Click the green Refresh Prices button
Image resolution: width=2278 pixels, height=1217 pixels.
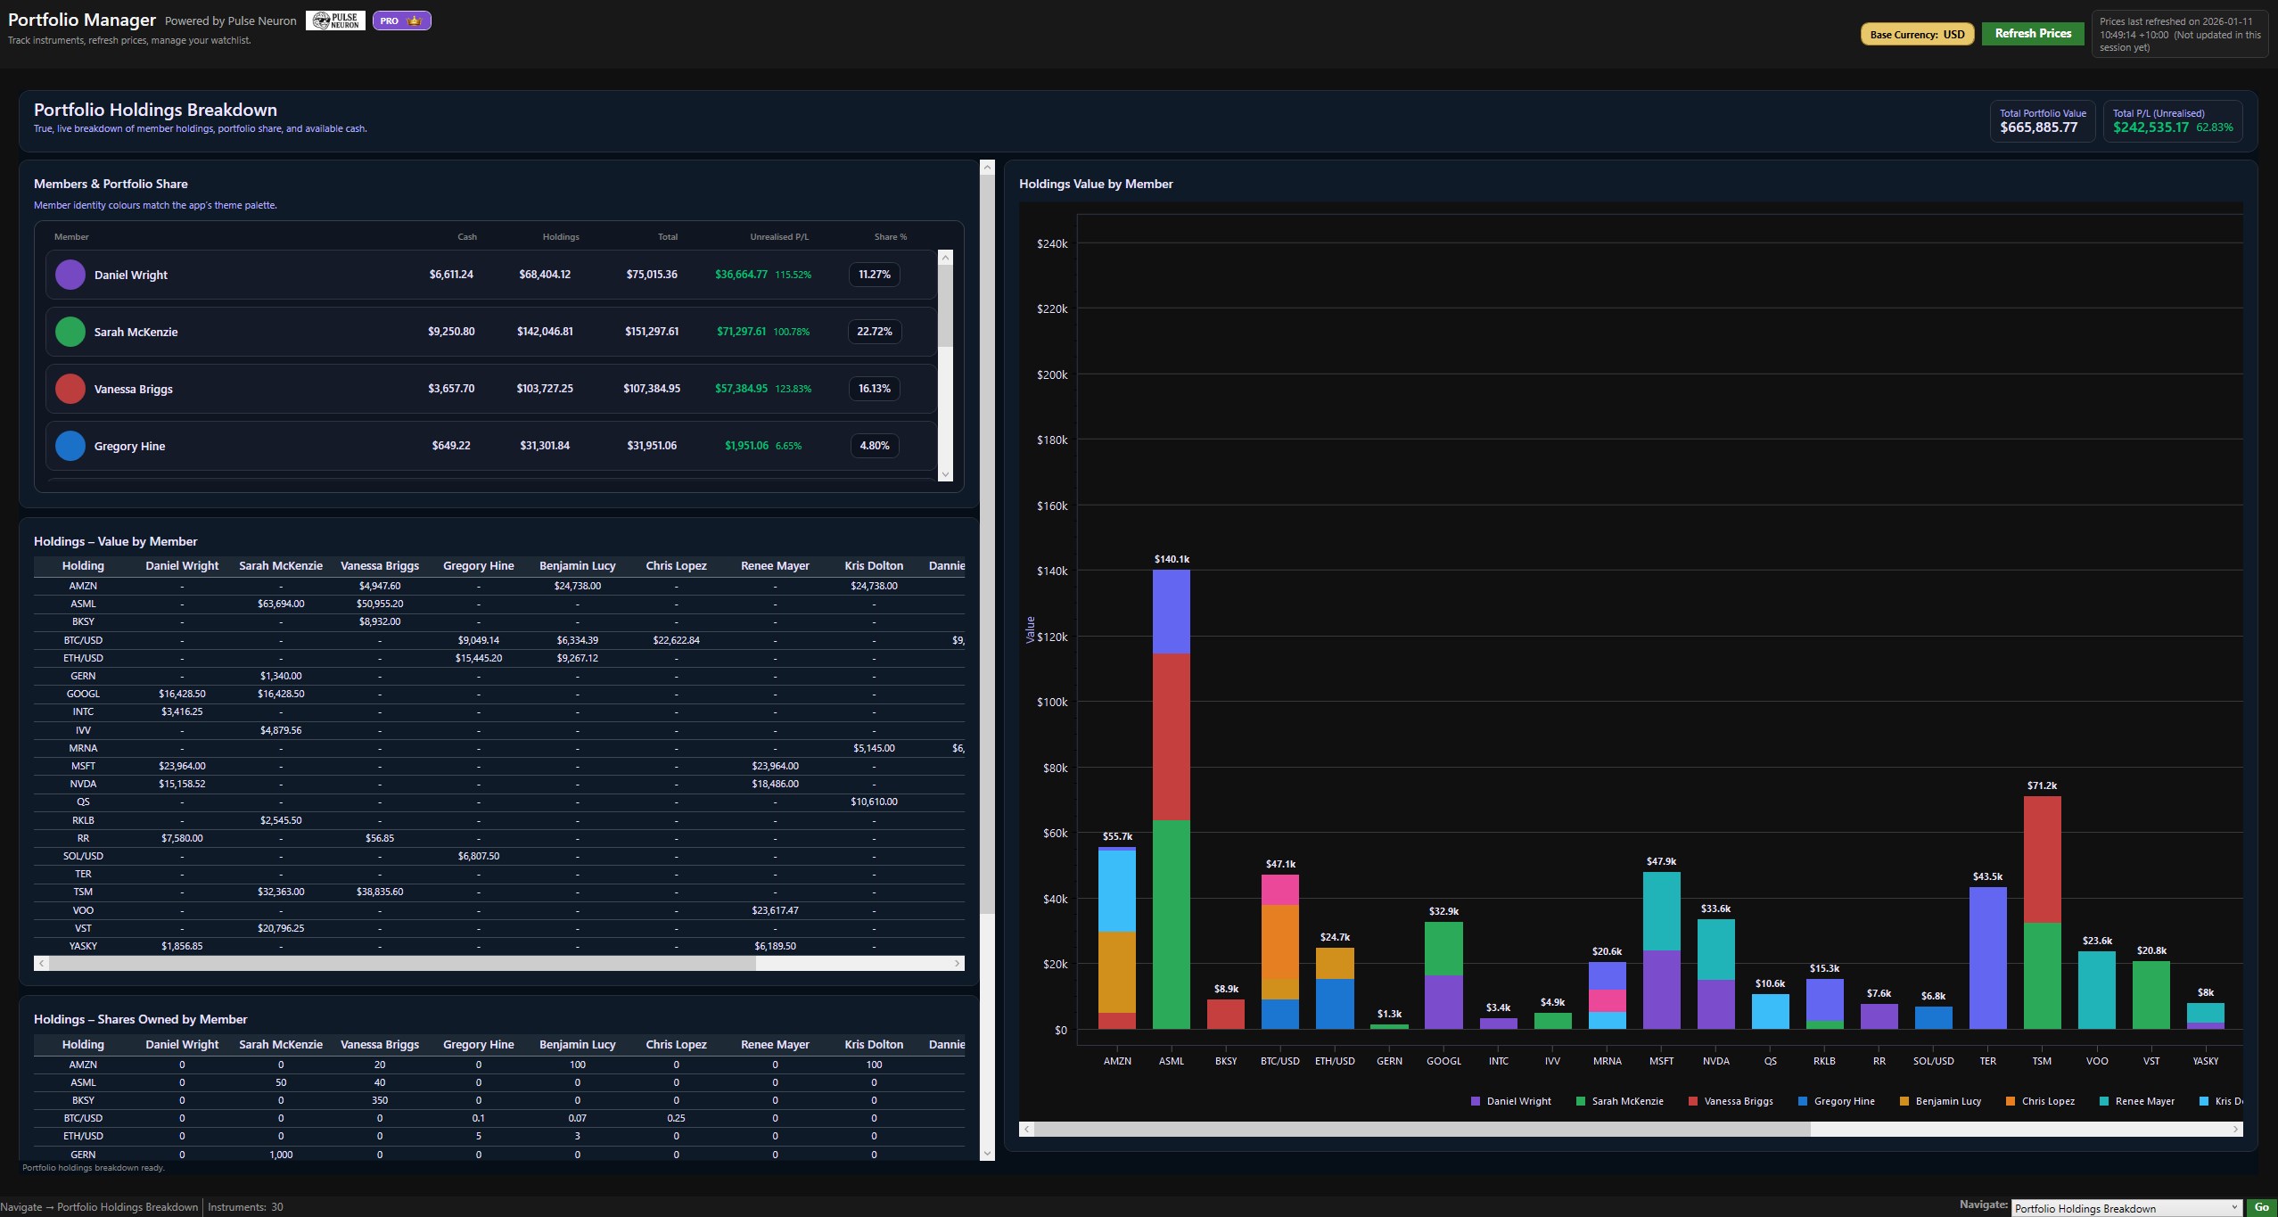(2033, 34)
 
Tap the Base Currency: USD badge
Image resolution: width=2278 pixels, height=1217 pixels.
(1917, 35)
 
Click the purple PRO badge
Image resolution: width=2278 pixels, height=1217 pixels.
(401, 21)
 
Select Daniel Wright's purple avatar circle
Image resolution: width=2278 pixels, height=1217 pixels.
(70, 275)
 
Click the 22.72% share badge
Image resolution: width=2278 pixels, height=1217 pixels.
(874, 332)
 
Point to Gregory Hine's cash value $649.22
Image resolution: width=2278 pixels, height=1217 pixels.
(451, 446)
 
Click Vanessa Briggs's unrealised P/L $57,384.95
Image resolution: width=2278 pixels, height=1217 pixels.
(741, 389)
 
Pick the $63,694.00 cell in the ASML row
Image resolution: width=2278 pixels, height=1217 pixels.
(281, 604)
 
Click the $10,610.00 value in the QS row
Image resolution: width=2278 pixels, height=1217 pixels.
(874, 802)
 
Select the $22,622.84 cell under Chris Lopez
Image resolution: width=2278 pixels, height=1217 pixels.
(676, 640)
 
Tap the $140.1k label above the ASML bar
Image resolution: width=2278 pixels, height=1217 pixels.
(1172, 560)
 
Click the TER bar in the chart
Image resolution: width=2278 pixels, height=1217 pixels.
(1987, 958)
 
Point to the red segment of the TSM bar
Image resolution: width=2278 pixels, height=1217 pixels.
(2042, 859)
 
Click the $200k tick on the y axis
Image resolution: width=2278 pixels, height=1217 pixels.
(1052, 375)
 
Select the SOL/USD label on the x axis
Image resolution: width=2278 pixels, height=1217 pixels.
(1933, 1061)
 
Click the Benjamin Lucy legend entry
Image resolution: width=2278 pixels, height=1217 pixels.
(1947, 1101)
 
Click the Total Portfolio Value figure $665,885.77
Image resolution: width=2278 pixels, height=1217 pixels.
(2038, 127)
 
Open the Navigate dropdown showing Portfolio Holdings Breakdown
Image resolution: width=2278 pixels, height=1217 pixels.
(2126, 1208)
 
